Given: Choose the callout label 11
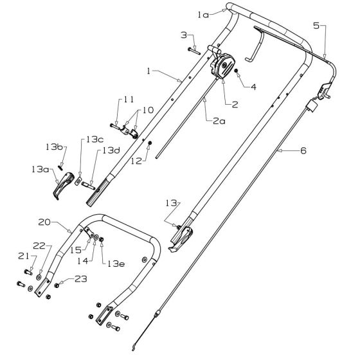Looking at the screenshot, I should [x=129, y=99].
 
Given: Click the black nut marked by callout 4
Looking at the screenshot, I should [x=236, y=71].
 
